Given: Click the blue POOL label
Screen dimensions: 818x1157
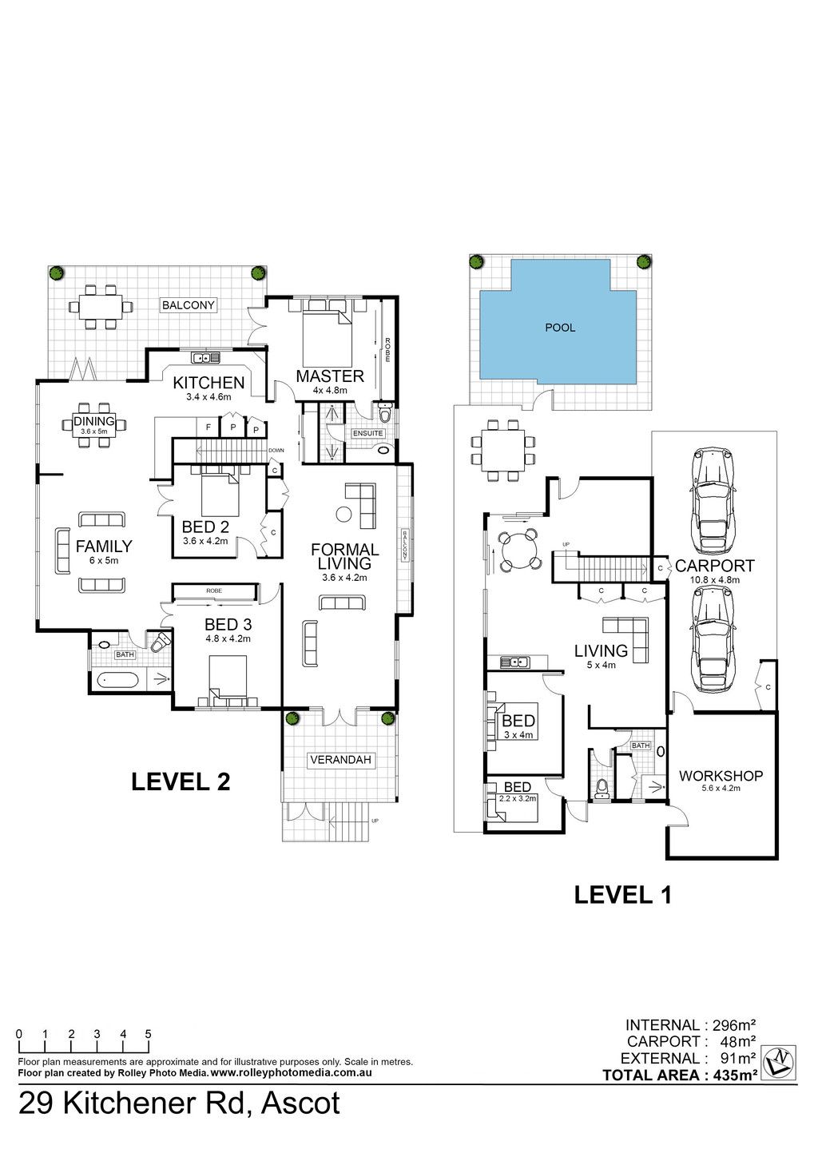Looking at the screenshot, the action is point(560,328).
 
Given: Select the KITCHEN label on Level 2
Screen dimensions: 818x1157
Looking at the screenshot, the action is point(208,383).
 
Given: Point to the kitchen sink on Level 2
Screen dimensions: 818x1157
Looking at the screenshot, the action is point(205,357).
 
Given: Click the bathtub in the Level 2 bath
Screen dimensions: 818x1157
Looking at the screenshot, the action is point(117,680).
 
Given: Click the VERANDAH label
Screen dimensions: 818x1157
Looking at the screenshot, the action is point(340,760).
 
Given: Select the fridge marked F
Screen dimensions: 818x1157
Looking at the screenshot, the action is point(208,427).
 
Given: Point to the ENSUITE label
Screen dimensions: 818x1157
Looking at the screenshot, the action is point(367,433).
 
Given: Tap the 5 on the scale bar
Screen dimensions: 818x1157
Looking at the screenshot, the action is point(149,1034).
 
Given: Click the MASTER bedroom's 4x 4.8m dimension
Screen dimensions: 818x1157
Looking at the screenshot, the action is point(330,391).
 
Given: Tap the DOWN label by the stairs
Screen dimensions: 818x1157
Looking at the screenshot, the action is point(276,450).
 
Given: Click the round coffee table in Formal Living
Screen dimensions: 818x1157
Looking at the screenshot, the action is point(344,514).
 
